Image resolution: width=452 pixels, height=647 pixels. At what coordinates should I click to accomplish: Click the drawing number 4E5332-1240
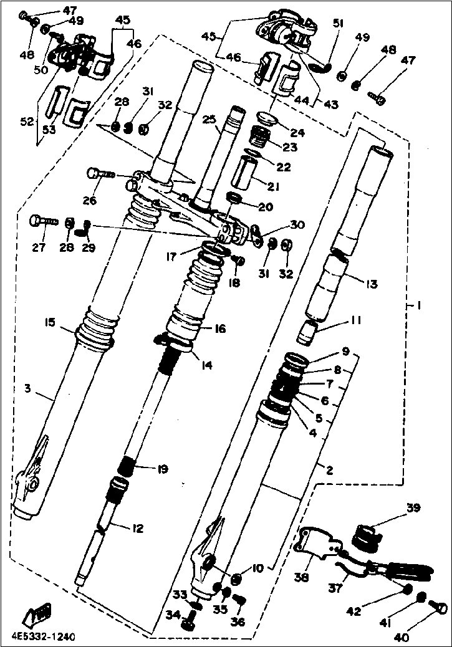43,637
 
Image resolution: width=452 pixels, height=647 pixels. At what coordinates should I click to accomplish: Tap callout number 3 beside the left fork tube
27,389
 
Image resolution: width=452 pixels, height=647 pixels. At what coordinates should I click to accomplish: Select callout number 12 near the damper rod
137,529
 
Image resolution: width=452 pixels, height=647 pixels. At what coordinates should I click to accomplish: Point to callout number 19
162,469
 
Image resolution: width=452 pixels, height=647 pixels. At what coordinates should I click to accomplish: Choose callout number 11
356,321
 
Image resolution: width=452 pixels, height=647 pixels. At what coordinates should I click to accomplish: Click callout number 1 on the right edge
419,307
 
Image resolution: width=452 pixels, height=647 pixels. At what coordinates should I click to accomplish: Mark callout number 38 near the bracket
302,578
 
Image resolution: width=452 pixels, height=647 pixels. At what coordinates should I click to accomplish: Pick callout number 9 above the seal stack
346,351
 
